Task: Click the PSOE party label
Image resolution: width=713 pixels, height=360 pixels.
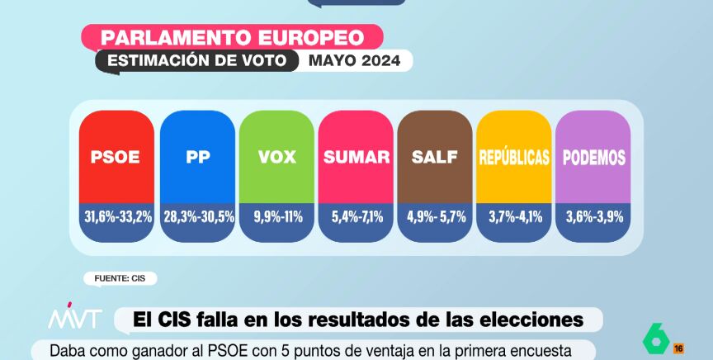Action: point(116,157)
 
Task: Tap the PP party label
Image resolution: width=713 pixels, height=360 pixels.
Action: point(198,157)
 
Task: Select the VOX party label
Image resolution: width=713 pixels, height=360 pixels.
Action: point(276,157)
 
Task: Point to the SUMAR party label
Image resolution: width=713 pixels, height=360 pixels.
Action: point(356,157)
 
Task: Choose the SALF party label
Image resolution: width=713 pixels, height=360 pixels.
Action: point(435,157)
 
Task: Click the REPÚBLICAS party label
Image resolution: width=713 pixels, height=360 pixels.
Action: point(514,157)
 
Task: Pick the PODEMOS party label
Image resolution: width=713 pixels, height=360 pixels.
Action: point(593,157)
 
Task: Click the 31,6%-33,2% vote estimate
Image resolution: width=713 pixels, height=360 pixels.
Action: point(116,216)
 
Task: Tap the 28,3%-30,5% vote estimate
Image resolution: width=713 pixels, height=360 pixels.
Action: point(197,216)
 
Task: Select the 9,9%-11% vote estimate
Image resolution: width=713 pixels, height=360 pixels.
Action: point(276,216)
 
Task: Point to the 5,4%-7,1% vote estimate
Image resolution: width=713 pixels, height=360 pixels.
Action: point(356,216)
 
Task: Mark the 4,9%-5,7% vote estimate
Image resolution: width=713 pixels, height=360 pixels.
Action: point(435,216)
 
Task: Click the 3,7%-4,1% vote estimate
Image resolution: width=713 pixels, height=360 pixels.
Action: point(514,216)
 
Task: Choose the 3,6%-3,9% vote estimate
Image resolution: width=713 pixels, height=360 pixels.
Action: point(593,216)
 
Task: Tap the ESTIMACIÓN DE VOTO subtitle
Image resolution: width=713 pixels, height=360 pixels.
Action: point(197,60)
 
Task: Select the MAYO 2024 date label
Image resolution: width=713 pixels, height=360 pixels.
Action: point(355,60)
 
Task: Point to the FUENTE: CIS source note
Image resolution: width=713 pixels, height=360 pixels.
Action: point(120,278)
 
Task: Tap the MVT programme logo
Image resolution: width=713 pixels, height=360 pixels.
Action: point(74,319)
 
